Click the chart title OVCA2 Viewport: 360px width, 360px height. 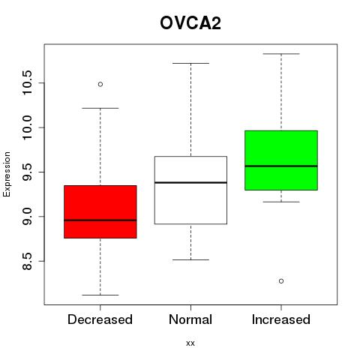pos(190,23)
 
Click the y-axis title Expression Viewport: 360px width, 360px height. pos(7,174)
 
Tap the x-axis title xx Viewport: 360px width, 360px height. pos(190,343)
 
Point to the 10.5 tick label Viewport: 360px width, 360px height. pos(26,82)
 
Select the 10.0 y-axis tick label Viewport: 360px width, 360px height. pos(26,127)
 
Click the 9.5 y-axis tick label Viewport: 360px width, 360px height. pos(26,172)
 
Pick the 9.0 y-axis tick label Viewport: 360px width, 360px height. pos(26,217)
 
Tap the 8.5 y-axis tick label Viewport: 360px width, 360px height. pos(26,261)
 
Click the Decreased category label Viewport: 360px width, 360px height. pos(100,319)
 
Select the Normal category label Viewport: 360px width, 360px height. pos(190,319)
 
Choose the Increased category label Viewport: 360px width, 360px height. pos(281,319)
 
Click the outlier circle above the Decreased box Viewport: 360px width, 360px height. pos(100,84)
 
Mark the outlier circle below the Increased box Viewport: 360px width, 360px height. pos(281,281)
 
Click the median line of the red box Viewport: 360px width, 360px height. pos(100,220)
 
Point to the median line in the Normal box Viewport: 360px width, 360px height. pos(190,182)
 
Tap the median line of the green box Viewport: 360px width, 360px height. pos(281,166)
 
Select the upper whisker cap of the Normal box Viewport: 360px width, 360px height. pos(190,63)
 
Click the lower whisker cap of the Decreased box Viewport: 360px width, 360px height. pos(100,295)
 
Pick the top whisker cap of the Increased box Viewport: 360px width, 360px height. pos(281,54)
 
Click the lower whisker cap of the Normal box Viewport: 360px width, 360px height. pos(190,259)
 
